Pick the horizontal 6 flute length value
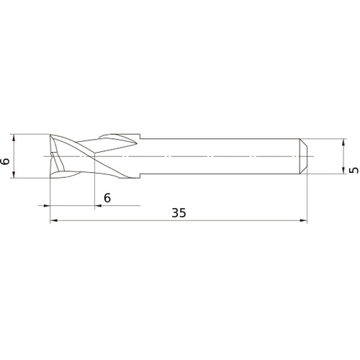(x=107, y=197)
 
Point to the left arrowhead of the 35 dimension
(x=53, y=222)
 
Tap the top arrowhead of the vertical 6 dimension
(x=14, y=137)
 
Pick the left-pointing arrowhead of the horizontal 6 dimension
(x=53, y=206)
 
